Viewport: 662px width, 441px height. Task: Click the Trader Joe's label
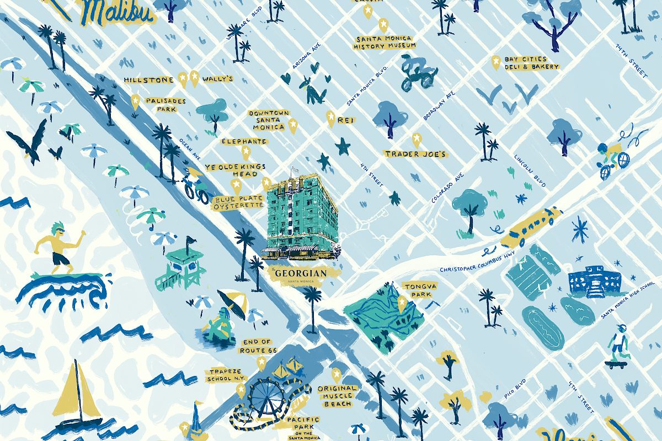pyautogui.click(x=415, y=154)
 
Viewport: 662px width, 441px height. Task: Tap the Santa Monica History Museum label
pyautogui.click(x=385, y=42)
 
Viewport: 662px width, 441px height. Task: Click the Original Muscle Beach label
pyautogui.click(x=338, y=396)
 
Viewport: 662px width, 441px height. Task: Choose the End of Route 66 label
pyautogui.click(x=255, y=346)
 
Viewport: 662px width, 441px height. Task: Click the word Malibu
pyautogui.click(x=119, y=12)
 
